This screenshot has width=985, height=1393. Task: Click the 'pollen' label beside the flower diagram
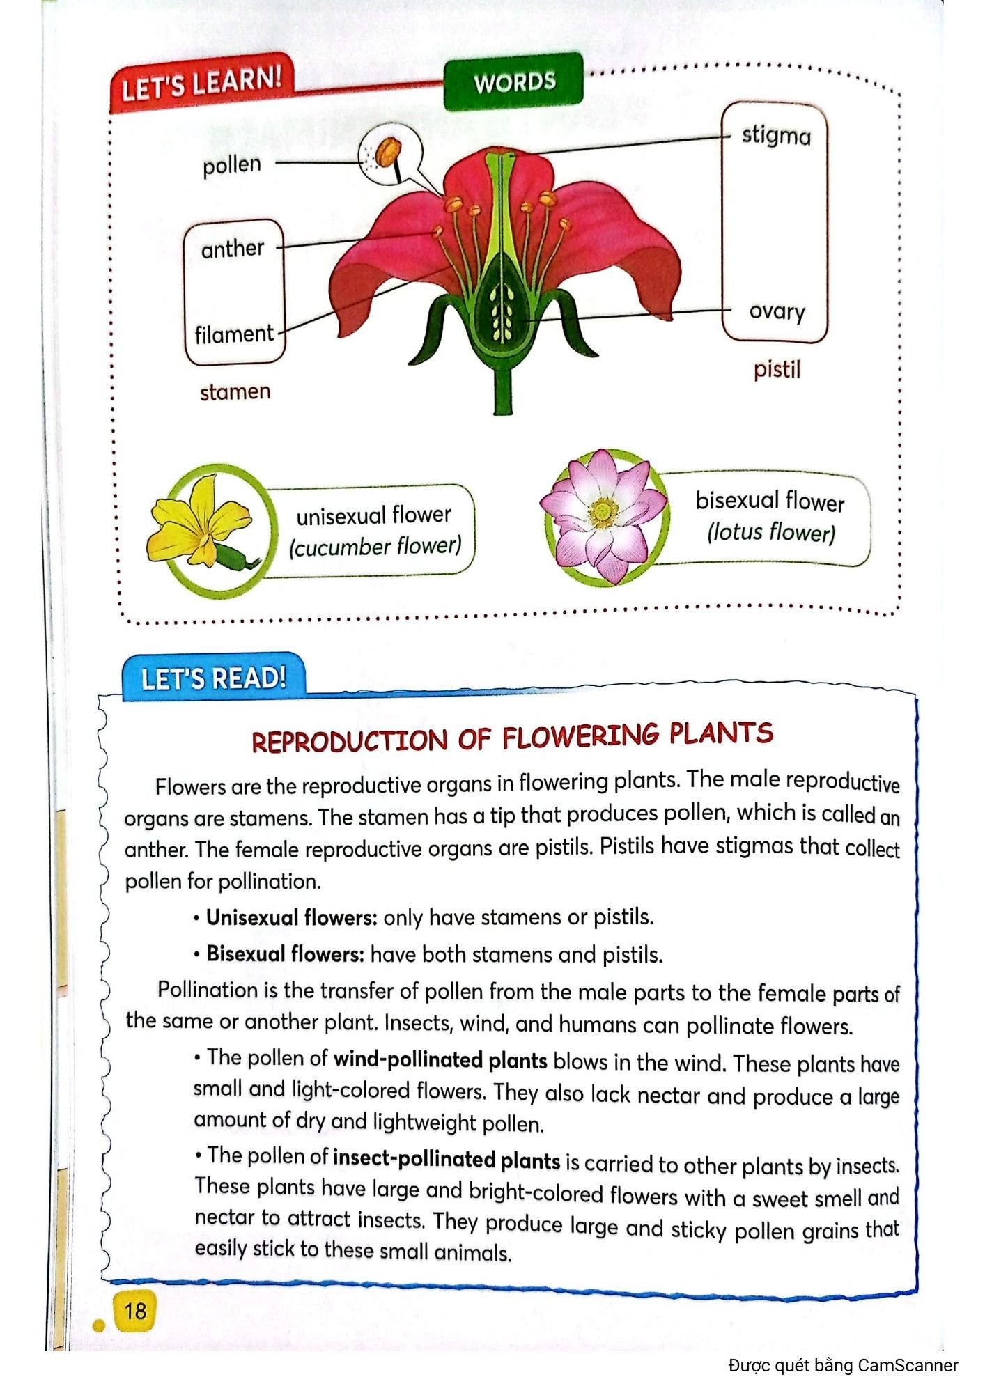coord(232,165)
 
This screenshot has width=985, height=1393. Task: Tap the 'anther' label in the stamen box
coord(233,249)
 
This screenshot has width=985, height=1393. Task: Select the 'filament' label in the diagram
coord(234,334)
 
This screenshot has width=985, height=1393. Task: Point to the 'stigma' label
coord(776,135)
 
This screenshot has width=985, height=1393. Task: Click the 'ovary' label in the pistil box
coord(777,311)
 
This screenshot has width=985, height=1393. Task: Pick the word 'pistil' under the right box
coord(777,369)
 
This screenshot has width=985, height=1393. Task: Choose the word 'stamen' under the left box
coord(235,392)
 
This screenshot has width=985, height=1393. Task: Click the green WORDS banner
coord(514,82)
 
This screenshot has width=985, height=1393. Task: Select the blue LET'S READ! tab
coord(213,677)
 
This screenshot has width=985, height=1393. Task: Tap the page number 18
coord(135,1312)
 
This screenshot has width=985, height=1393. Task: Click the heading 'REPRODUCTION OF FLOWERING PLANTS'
coord(512,738)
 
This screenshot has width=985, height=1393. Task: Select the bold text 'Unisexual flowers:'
coord(292,917)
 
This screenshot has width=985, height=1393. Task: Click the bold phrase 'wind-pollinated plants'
coord(440,1060)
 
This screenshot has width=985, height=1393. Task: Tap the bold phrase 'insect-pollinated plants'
coord(447,1160)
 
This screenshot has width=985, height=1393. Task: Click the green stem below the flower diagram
coord(503,390)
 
